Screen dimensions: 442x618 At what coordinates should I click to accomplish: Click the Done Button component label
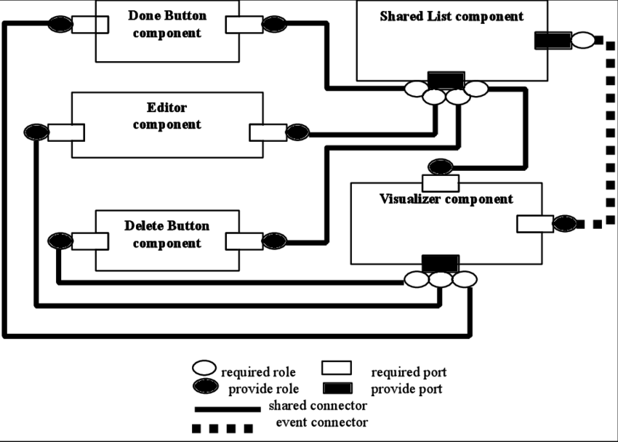(x=167, y=24)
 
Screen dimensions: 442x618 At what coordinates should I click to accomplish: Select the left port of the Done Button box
(x=102, y=25)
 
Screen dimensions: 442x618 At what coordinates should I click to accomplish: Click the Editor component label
(x=167, y=116)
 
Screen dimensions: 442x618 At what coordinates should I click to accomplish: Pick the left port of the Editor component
(x=67, y=132)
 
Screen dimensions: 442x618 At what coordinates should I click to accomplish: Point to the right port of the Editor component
(x=267, y=132)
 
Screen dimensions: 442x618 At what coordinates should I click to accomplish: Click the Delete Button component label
(x=167, y=234)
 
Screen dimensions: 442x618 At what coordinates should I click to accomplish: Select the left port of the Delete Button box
(x=91, y=241)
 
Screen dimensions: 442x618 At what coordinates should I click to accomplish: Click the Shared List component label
(x=452, y=16)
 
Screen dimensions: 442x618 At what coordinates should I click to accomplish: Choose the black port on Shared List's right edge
(x=542, y=41)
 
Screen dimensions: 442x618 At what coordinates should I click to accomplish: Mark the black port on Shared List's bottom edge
(x=446, y=77)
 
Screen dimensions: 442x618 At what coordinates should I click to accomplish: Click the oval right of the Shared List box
(x=583, y=40)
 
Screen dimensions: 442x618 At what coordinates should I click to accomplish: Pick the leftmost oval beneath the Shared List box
(x=416, y=89)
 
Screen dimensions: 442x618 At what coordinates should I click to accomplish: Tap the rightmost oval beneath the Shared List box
(x=476, y=89)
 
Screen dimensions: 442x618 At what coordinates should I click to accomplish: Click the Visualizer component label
(x=446, y=199)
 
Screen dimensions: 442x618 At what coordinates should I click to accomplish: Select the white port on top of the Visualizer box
(x=441, y=183)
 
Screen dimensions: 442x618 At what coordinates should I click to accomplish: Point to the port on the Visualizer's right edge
(x=534, y=224)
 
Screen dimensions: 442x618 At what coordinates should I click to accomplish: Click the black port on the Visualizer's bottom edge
(x=441, y=260)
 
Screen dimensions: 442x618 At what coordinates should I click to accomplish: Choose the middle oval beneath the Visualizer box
(x=441, y=279)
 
